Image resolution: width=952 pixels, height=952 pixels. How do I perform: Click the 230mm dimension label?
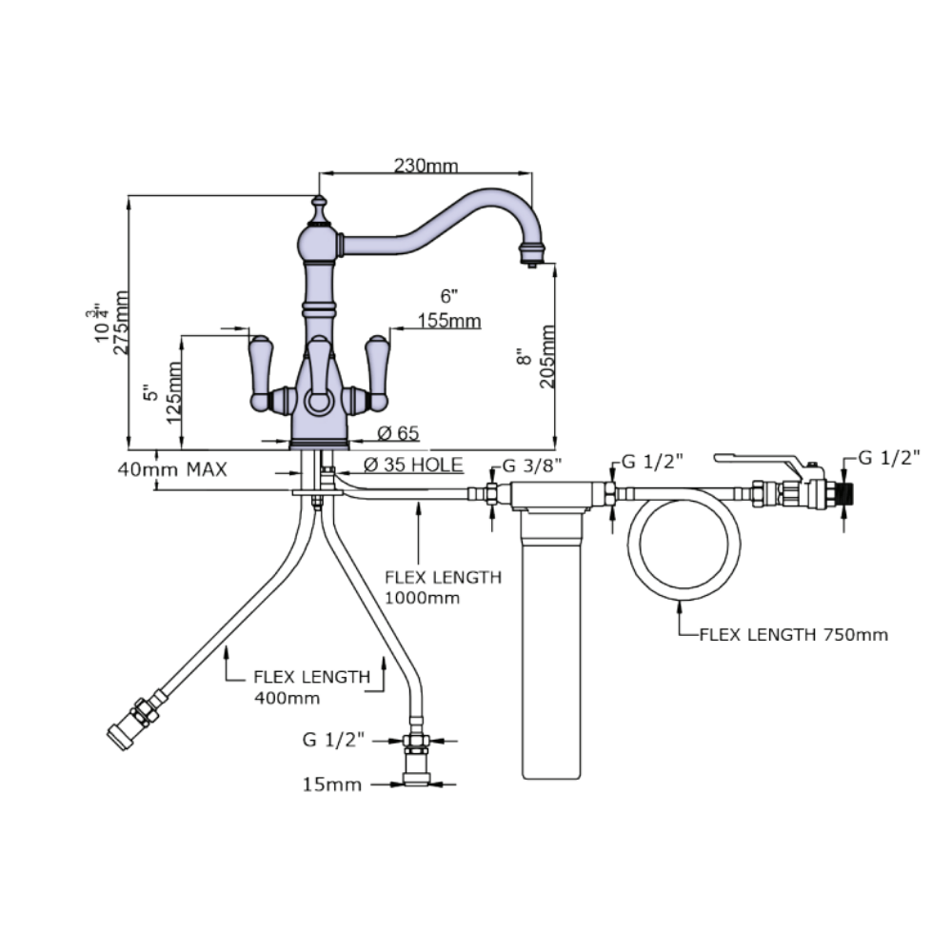[426, 165]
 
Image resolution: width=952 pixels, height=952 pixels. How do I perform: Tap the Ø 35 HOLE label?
[413, 465]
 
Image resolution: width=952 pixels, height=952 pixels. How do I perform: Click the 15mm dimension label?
[331, 784]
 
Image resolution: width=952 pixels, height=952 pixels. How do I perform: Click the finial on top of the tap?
[319, 204]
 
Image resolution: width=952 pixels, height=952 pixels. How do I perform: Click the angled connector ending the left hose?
[129, 725]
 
